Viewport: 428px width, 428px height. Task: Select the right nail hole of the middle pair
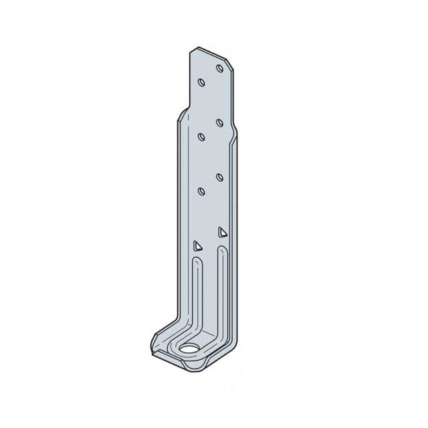[x=219, y=122]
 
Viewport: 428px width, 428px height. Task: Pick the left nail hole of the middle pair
[x=201, y=136]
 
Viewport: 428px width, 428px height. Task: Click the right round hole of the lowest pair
[x=219, y=177]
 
